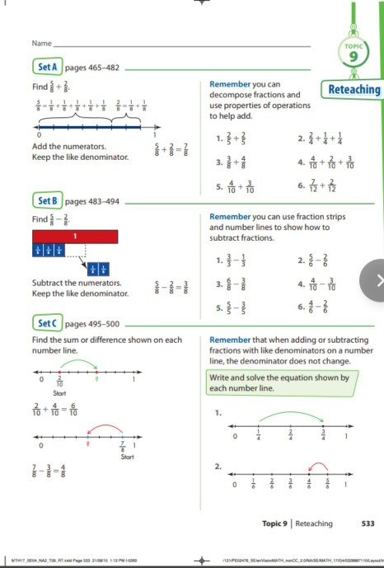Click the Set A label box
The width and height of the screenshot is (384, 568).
point(46,67)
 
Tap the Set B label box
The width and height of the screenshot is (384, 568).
point(46,200)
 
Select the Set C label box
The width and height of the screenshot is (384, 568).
point(46,324)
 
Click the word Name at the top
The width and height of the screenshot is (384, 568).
point(42,42)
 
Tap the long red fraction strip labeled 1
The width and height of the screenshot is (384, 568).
point(76,237)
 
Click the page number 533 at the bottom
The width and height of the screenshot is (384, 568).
point(368,523)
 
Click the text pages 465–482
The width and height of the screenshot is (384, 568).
point(91,67)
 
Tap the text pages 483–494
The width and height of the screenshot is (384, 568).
point(92,201)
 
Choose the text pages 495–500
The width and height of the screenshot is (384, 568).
point(92,324)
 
